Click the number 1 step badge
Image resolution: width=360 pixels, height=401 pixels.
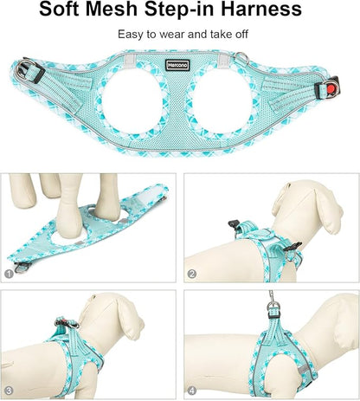pos(9,273)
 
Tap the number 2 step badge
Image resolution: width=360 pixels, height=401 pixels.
pos(193,274)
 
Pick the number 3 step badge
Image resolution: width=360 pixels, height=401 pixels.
pos(9,391)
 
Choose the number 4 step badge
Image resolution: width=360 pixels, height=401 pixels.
pos(193,391)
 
